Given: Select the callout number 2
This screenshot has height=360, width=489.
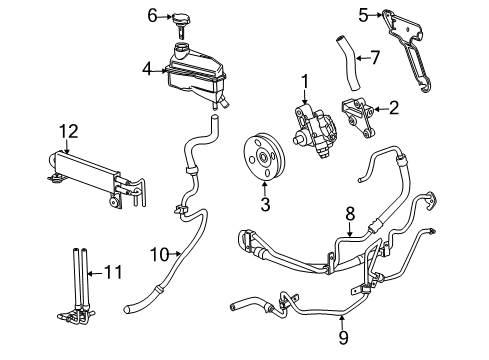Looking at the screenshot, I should pyautogui.click(x=393, y=108).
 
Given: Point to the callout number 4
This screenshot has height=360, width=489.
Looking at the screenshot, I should pyautogui.click(x=146, y=69).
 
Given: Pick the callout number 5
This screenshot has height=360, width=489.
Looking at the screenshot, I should pyautogui.click(x=364, y=14).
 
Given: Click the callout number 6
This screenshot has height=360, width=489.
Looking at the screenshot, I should pyautogui.click(x=153, y=14).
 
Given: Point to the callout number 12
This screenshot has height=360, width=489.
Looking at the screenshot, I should pyautogui.click(x=67, y=130).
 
